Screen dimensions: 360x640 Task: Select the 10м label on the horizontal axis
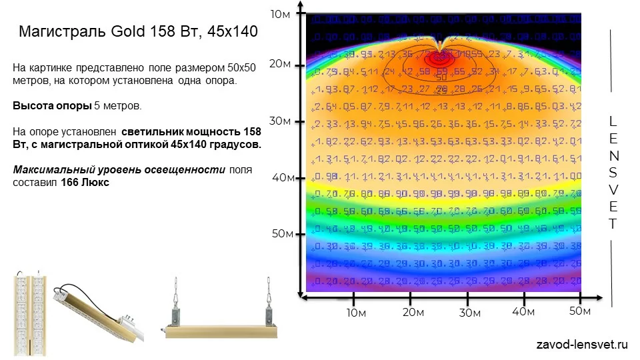[355, 313]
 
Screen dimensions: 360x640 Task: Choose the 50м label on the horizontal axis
[580, 311]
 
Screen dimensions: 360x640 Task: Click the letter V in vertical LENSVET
[613, 190]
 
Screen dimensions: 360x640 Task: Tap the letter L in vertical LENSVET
[613, 121]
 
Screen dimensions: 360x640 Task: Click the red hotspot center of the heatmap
[439, 58]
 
